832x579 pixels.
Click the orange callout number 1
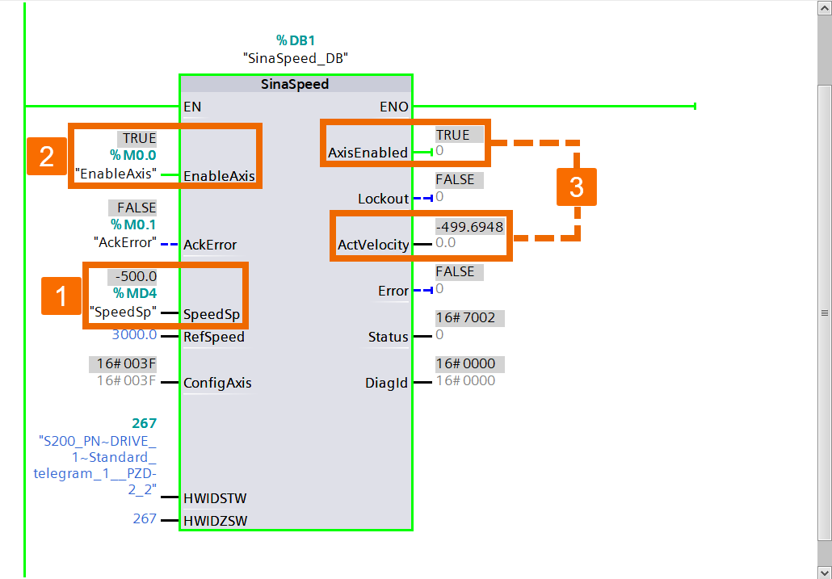pyautogui.click(x=61, y=297)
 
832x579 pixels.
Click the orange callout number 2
pyautogui.click(x=47, y=157)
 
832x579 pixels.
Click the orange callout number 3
pyautogui.click(x=576, y=187)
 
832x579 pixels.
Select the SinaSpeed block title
pyautogui.click(x=295, y=84)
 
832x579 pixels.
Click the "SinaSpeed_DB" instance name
pyautogui.click(x=295, y=58)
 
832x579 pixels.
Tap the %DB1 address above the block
pyautogui.click(x=295, y=40)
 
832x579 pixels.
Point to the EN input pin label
pyautogui.click(x=192, y=107)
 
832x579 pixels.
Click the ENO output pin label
pyautogui.click(x=393, y=107)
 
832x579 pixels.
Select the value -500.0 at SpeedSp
pyautogui.click(x=136, y=276)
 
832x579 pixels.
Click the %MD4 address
pyautogui.click(x=134, y=293)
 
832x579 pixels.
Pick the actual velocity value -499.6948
pyautogui.click(x=469, y=227)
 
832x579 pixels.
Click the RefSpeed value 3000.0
pyautogui.click(x=134, y=335)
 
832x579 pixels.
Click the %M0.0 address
pyautogui.click(x=133, y=155)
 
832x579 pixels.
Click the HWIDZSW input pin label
pyautogui.click(x=215, y=521)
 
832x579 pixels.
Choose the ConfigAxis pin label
pyautogui.click(x=217, y=383)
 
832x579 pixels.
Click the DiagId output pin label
pyautogui.click(x=387, y=383)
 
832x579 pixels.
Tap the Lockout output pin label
pyautogui.click(x=383, y=199)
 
